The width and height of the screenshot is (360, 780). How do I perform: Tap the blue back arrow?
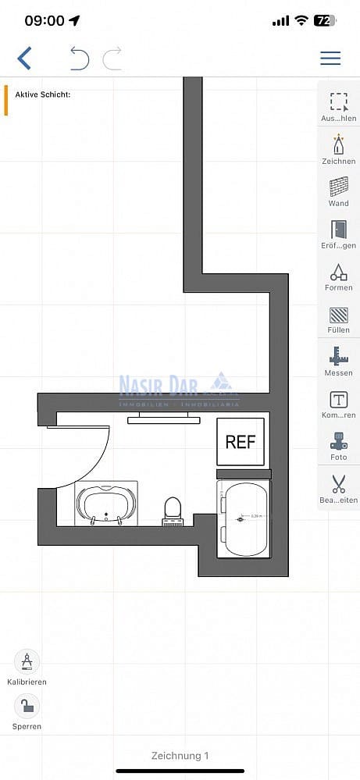click(25, 59)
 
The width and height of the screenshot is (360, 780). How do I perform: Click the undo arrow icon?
click(80, 59)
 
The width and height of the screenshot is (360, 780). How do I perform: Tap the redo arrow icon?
click(112, 59)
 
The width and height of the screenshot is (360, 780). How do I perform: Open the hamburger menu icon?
click(330, 59)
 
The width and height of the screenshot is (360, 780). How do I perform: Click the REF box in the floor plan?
click(241, 442)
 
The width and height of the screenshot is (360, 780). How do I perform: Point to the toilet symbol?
click(173, 510)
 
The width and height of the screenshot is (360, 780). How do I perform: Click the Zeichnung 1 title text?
click(180, 755)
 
